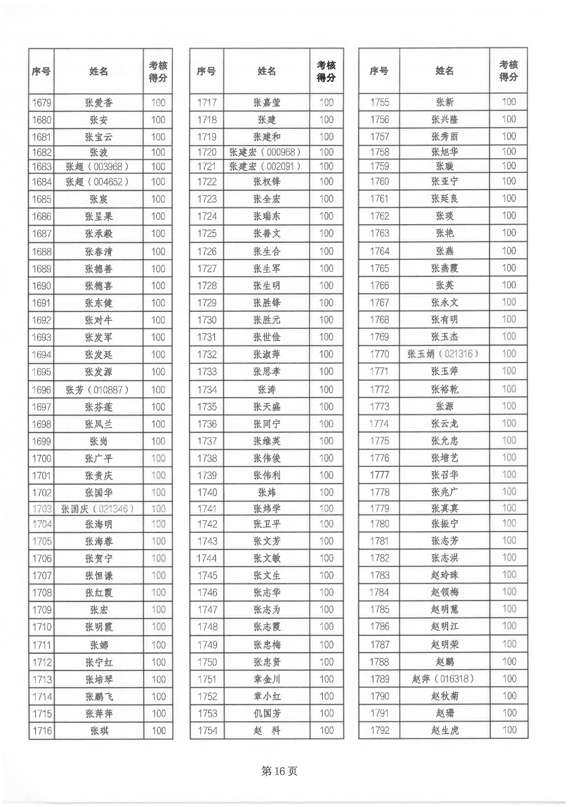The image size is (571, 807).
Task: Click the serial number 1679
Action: click(42, 103)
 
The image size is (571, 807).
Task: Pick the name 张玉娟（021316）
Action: click(443, 354)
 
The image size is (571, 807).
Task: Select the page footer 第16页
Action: click(279, 771)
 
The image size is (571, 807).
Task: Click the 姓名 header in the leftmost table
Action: click(98, 71)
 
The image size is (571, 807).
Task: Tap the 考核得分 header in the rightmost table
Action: click(509, 71)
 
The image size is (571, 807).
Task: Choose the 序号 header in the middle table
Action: click(206, 71)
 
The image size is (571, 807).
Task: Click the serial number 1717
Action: click(207, 103)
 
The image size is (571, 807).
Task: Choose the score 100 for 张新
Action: click(509, 102)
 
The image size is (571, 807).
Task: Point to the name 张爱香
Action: click(98, 103)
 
